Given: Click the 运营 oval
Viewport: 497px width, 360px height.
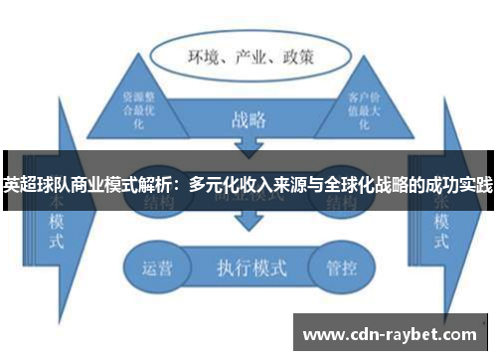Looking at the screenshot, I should pyautogui.click(x=157, y=268).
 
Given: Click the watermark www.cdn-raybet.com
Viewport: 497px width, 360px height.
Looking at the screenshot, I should pyautogui.click(x=393, y=332).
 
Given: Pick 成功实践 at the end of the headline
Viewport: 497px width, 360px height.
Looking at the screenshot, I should pyautogui.click(x=459, y=184).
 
